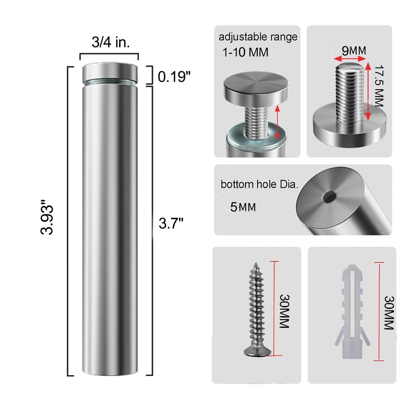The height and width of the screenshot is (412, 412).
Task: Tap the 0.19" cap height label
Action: (x=174, y=77)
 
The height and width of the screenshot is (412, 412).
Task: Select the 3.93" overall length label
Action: (x=47, y=217)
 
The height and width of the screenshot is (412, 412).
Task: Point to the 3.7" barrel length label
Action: (x=171, y=223)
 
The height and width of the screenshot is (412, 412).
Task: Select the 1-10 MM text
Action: (x=245, y=52)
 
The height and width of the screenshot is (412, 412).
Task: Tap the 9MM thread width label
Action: (x=354, y=50)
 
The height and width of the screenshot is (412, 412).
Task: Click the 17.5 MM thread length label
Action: (x=379, y=86)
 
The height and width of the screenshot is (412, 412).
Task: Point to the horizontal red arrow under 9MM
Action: (x=350, y=59)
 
